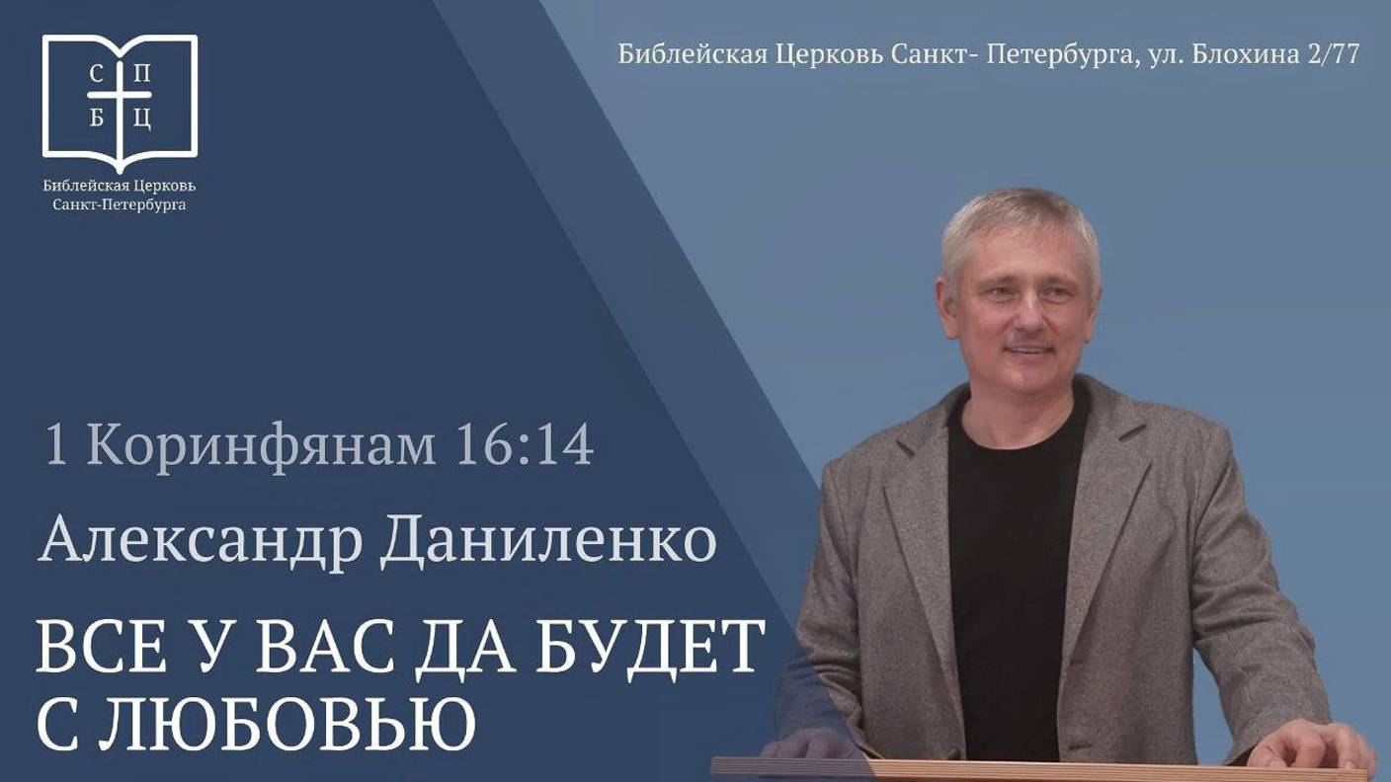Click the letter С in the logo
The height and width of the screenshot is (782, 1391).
(x=95, y=73)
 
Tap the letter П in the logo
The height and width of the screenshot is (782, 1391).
(x=143, y=73)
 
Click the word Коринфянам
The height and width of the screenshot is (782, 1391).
(x=261, y=446)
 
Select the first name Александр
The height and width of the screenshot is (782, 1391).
(x=202, y=542)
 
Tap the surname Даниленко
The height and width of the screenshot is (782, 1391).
(x=548, y=542)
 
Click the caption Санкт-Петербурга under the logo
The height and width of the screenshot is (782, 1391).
(x=120, y=205)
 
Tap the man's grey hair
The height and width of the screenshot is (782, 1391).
(x=1018, y=217)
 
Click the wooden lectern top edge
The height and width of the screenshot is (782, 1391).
(x=1037, y=766)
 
